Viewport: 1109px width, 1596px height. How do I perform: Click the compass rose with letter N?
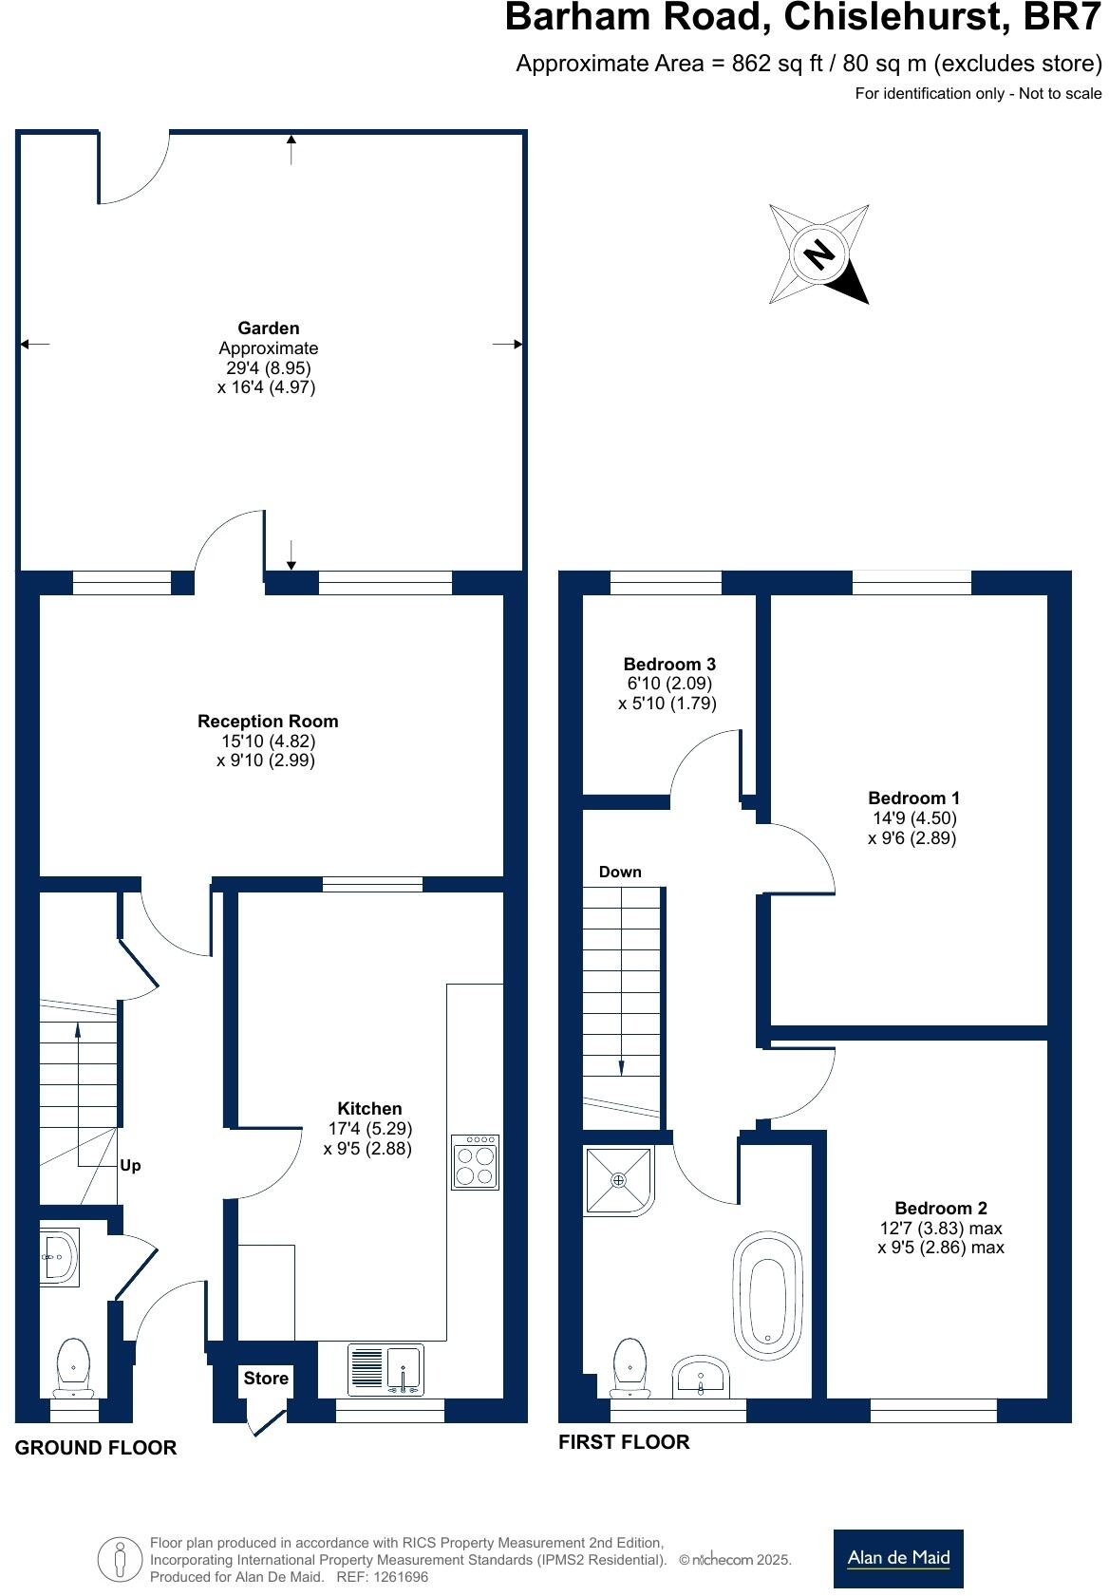[818, 253]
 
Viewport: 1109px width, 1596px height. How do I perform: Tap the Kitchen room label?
[369, 1108]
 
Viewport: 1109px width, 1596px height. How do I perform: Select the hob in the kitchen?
[475, 1162]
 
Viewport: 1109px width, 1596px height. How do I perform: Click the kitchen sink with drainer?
[385, 1370]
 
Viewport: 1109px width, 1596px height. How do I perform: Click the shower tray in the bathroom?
[619, 1180]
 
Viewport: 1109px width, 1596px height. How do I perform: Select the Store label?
[266, 1378]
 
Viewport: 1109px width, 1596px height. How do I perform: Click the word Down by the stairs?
[620, 872]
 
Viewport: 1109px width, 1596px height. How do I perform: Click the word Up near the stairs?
[131, 1165]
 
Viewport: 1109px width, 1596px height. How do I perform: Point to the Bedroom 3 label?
[668, 664]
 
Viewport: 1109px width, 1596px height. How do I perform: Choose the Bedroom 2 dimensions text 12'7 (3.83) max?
[940, 1228]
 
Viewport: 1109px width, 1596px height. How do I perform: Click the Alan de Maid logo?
[897, 1557]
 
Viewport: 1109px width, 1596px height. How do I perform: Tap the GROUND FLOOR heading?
[96, 1447]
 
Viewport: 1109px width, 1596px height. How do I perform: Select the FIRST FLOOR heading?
[624, 1441]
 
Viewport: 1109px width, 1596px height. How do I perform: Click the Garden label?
[268, 328]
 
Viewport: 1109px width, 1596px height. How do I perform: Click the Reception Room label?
[268, 721]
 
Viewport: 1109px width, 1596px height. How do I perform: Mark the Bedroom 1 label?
[907, 798]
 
